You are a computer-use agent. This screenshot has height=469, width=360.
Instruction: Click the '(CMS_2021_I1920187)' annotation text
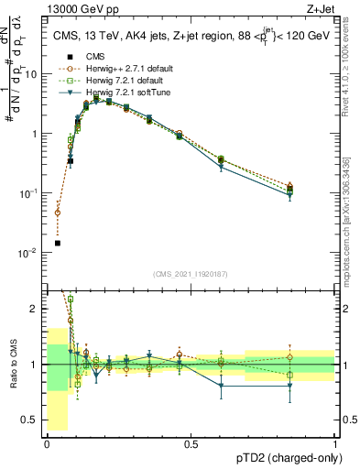coord(191,274)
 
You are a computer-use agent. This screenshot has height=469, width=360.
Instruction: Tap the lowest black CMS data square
coord(57,243)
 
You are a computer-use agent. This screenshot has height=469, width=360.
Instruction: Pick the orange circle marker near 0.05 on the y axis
coord(57,213)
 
